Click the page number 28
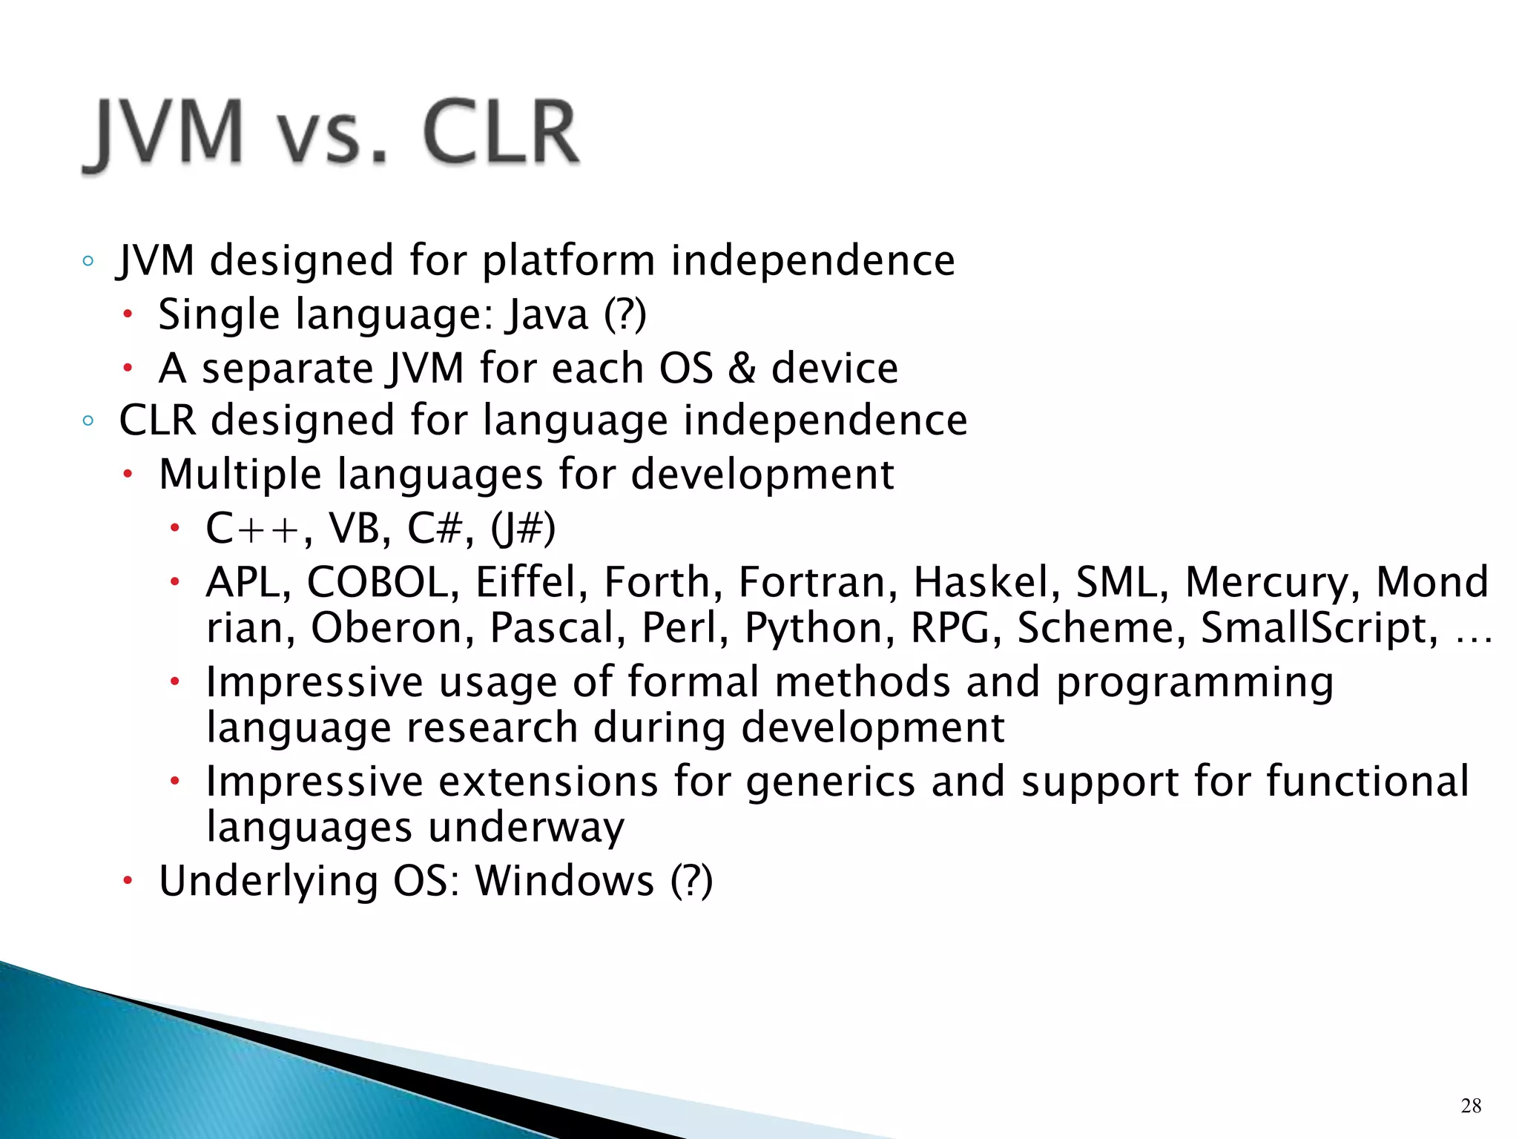coord(1471,1106)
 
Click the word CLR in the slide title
coord(501,133)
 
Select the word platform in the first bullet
coord(569,262)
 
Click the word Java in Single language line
coord(547,314)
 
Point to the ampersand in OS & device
coord(741,369)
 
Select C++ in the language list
coord(253,529)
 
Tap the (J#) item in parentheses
coord(523,529)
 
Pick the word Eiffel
coord(526,582)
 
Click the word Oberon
coord(385,629)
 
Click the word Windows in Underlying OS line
coord(564,882)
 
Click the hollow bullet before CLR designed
coord(88,421)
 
